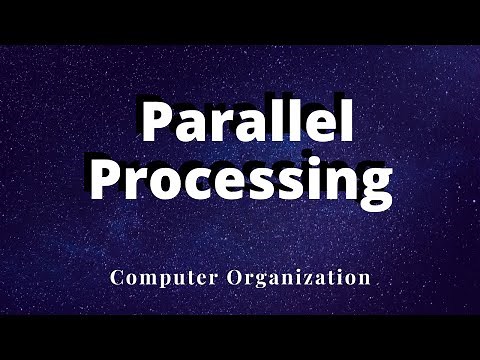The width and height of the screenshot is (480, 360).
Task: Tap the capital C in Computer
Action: point(117,277)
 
